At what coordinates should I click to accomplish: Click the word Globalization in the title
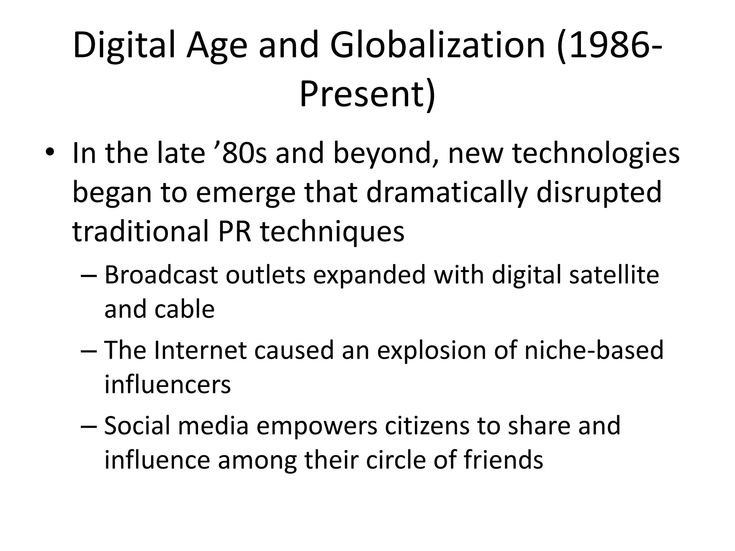(437, 46)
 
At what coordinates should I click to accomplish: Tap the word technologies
(596, 153)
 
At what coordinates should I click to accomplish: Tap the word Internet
(200, 350)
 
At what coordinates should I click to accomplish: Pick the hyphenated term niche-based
(594, 350)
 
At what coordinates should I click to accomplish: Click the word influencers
(168, 384)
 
